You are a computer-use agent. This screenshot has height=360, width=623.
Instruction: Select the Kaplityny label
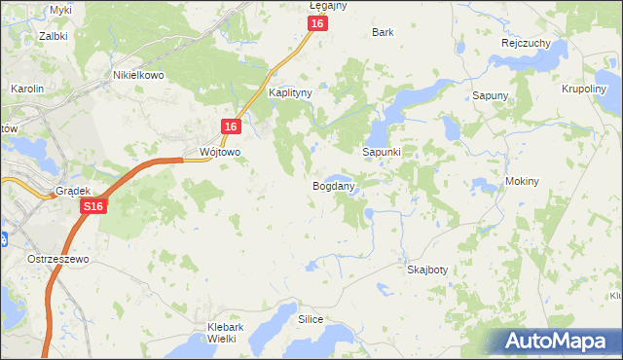coord(289,93)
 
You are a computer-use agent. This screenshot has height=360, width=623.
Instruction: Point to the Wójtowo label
coord(219,153)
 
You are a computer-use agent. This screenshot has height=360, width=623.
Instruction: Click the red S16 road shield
coord(92,206)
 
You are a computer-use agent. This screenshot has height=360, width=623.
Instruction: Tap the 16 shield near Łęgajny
coord(317,23)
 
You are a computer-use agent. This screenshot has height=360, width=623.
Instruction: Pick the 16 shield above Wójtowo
coord(231,126)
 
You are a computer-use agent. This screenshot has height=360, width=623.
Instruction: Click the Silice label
coord(311,318)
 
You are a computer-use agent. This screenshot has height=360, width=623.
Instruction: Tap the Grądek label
coord(73,192)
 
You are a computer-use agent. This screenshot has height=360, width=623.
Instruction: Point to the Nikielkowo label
coord(138,74)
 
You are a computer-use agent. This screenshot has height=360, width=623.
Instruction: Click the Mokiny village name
coord(523,182)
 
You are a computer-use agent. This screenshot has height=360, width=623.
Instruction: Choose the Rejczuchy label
coord(527,44)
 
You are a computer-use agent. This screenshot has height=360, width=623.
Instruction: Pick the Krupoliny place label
coord(586,88)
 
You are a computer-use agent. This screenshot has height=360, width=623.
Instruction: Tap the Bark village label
coord(383,32)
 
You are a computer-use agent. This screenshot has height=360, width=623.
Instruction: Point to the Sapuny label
coord(491,95)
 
